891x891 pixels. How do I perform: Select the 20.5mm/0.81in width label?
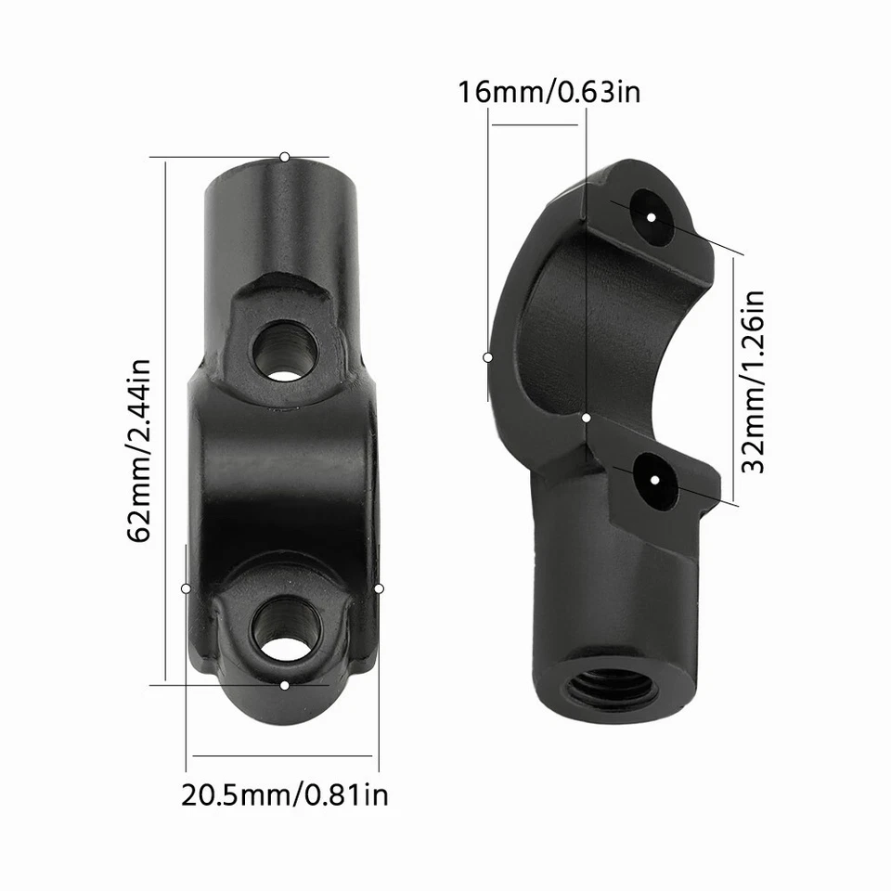(284, 794)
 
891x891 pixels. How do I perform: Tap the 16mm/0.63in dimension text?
(549, 93)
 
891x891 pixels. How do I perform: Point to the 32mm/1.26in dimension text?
(755, 381)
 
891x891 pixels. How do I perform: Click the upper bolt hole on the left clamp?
(285, 350)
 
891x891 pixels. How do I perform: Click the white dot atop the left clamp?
(285, 157)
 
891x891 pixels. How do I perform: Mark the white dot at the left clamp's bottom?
(285, 685)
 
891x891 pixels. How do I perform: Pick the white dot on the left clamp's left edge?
(187, 588)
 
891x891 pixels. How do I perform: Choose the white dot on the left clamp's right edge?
(379, 588)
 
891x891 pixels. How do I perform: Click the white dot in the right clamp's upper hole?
(652, 216)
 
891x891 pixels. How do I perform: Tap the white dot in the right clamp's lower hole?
(655, 480)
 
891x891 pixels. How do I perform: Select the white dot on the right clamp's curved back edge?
(488, 356)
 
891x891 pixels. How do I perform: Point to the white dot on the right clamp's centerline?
(587, 419)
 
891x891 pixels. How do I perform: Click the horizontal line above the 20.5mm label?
(284, 755)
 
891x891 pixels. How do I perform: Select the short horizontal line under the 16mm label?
(538, 123)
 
